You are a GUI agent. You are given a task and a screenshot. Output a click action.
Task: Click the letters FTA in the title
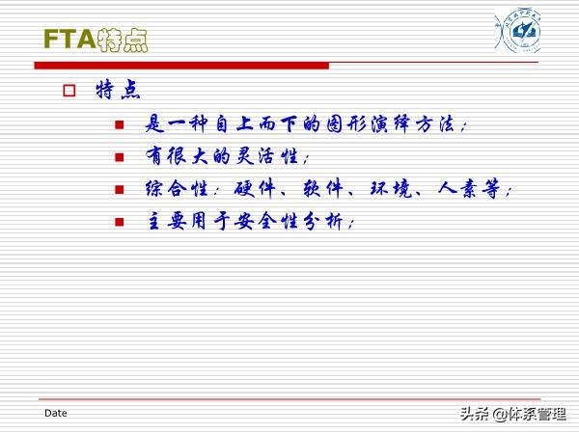pos(69,40)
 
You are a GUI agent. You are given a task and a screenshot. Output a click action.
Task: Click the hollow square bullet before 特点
pos(69,92)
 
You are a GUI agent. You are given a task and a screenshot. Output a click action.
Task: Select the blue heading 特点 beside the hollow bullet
pos(119,91)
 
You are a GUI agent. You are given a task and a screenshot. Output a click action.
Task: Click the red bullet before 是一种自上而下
pos(120,125)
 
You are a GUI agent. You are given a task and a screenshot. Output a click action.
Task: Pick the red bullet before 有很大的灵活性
pos(120,157)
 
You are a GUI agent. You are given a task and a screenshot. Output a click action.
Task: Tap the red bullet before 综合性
pos(120,190)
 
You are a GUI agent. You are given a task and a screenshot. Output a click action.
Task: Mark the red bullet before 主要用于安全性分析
pos(120,222)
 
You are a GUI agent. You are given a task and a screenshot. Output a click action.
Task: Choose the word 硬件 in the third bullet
pos(253,189)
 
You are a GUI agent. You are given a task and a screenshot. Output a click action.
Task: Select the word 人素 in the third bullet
pos(457,189)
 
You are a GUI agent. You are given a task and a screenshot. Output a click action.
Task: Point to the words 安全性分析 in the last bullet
pos(295,221)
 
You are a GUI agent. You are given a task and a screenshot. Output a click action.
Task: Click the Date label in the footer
pos(56,413)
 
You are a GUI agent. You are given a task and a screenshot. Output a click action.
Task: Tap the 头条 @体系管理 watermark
pos(512,414)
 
